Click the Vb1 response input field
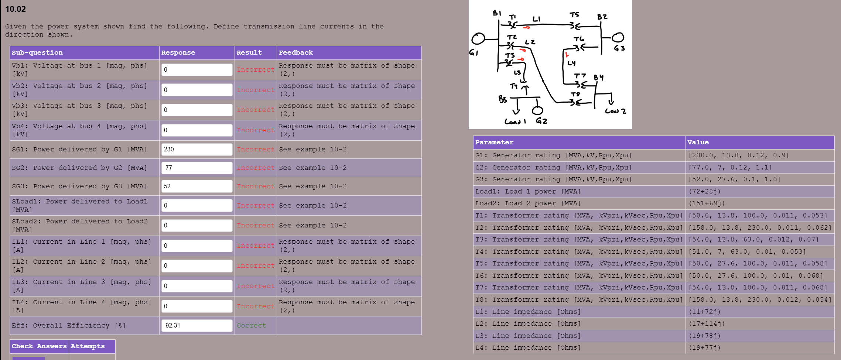(x=196, y=70)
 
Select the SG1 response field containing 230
(x=196, y=150)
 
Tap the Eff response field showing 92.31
(x=196, y=326)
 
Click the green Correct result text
(x=251, y=326)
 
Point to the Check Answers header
(x=39, y=346)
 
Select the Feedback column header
(x=295, y=53)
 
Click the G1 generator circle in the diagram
(x=478, y=39)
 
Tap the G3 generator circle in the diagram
(x=618, y=38)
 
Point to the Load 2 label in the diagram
(x=615, y=111)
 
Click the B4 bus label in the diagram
(x=599, y=78)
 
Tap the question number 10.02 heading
(x=16, y=9)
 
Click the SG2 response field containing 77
(x=196, y=168)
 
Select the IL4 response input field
(x=196, y=306)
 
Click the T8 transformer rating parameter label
(x=578, y=300)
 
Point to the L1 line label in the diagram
(x=536, y=19)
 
